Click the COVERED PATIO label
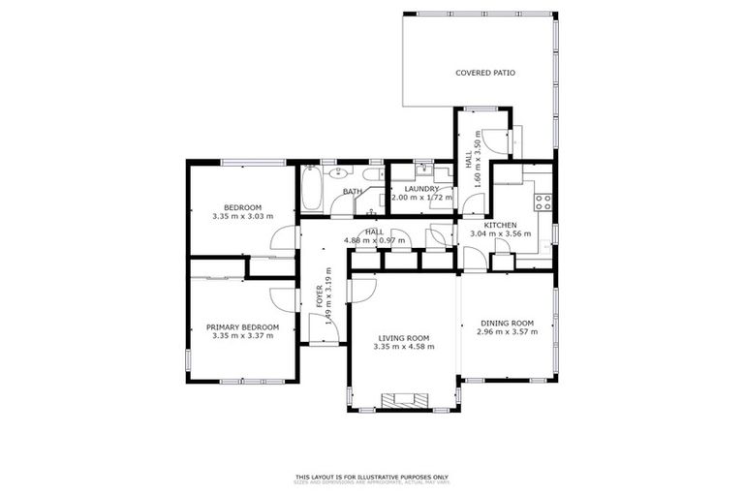point(485,73)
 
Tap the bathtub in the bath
point(312,189)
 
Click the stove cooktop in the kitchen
point(543,202)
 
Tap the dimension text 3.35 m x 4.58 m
point(404,346)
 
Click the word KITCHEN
point(501,225)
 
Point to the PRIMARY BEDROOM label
point(242,327)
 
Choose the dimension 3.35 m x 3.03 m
point(242,216)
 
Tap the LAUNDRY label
point(421,189)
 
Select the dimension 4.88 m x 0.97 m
point(374,240)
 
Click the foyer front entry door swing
point(327,331)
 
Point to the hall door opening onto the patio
point(497,141)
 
